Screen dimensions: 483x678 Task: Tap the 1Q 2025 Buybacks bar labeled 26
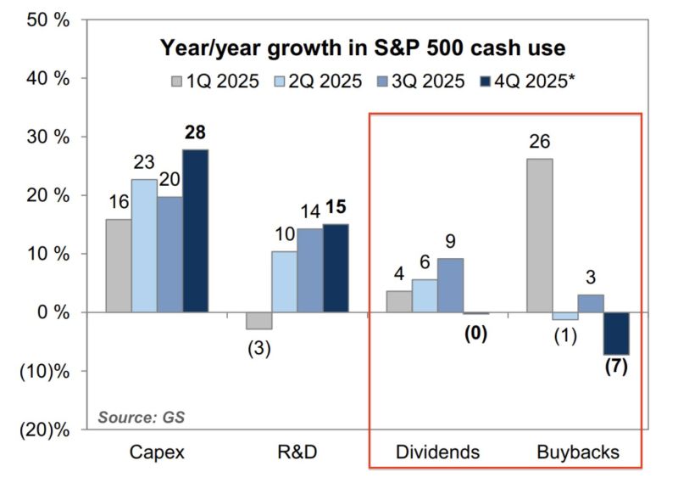pyautogui.click(x=539, y=235)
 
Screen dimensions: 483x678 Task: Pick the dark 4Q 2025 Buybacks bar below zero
pyautogui.click(x=617, y=333)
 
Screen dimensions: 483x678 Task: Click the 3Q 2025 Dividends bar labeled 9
pyautogui.click(x=450, y=285)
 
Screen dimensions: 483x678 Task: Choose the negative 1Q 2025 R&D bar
pyautogui.click(x=260, y=320)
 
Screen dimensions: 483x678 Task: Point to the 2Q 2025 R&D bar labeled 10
pyautogui.click(x=285, y=282)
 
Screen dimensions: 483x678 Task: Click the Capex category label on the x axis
pyautogui.click(x=158, y=453)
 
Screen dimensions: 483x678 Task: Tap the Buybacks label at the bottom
pyautogui.click(x=577, y=453)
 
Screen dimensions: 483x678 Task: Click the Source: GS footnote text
pyautogui.click(x=141, y=417)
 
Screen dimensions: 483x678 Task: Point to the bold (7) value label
pyautogui.click(x=616, y=370)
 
